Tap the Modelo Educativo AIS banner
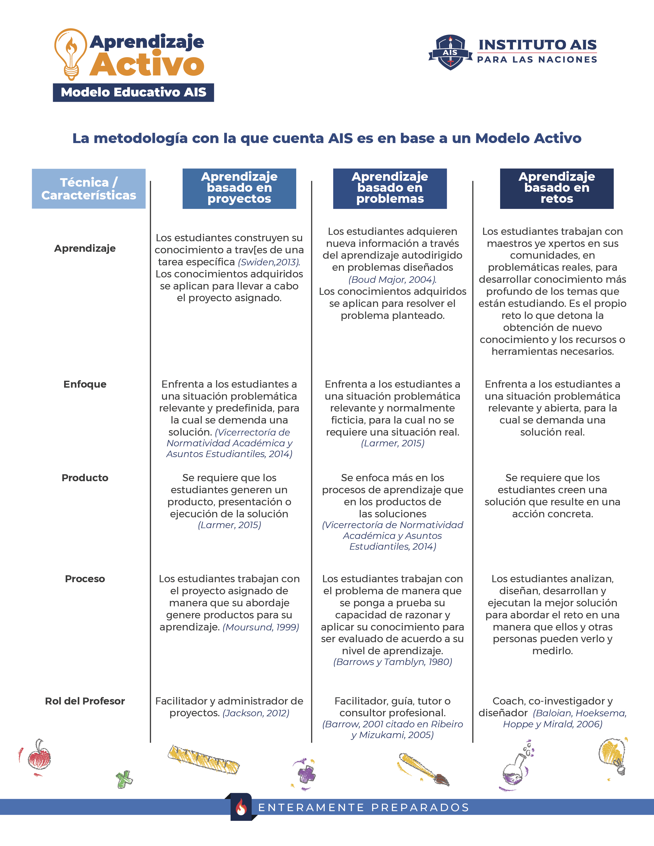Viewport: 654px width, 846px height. tap(133, 93)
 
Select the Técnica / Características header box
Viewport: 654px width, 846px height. tap(89, 189)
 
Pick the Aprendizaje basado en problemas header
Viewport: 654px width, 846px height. tap(390, 188)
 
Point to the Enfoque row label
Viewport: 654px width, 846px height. tap(85, 384)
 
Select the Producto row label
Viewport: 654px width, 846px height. tap(85, 478)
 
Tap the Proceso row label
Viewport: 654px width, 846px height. tap(85, 579)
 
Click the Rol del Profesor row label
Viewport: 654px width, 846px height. tap(85, 701)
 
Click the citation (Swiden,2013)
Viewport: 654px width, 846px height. tap(269, 262)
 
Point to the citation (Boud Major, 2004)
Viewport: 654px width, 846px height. tap(392, 280)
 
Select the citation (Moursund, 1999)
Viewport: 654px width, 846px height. tap(261, 627)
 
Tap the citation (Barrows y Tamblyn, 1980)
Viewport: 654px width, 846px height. tap(392, 662)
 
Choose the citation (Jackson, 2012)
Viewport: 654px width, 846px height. tap(256, 713)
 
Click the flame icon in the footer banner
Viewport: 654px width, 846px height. tap(241, 808)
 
